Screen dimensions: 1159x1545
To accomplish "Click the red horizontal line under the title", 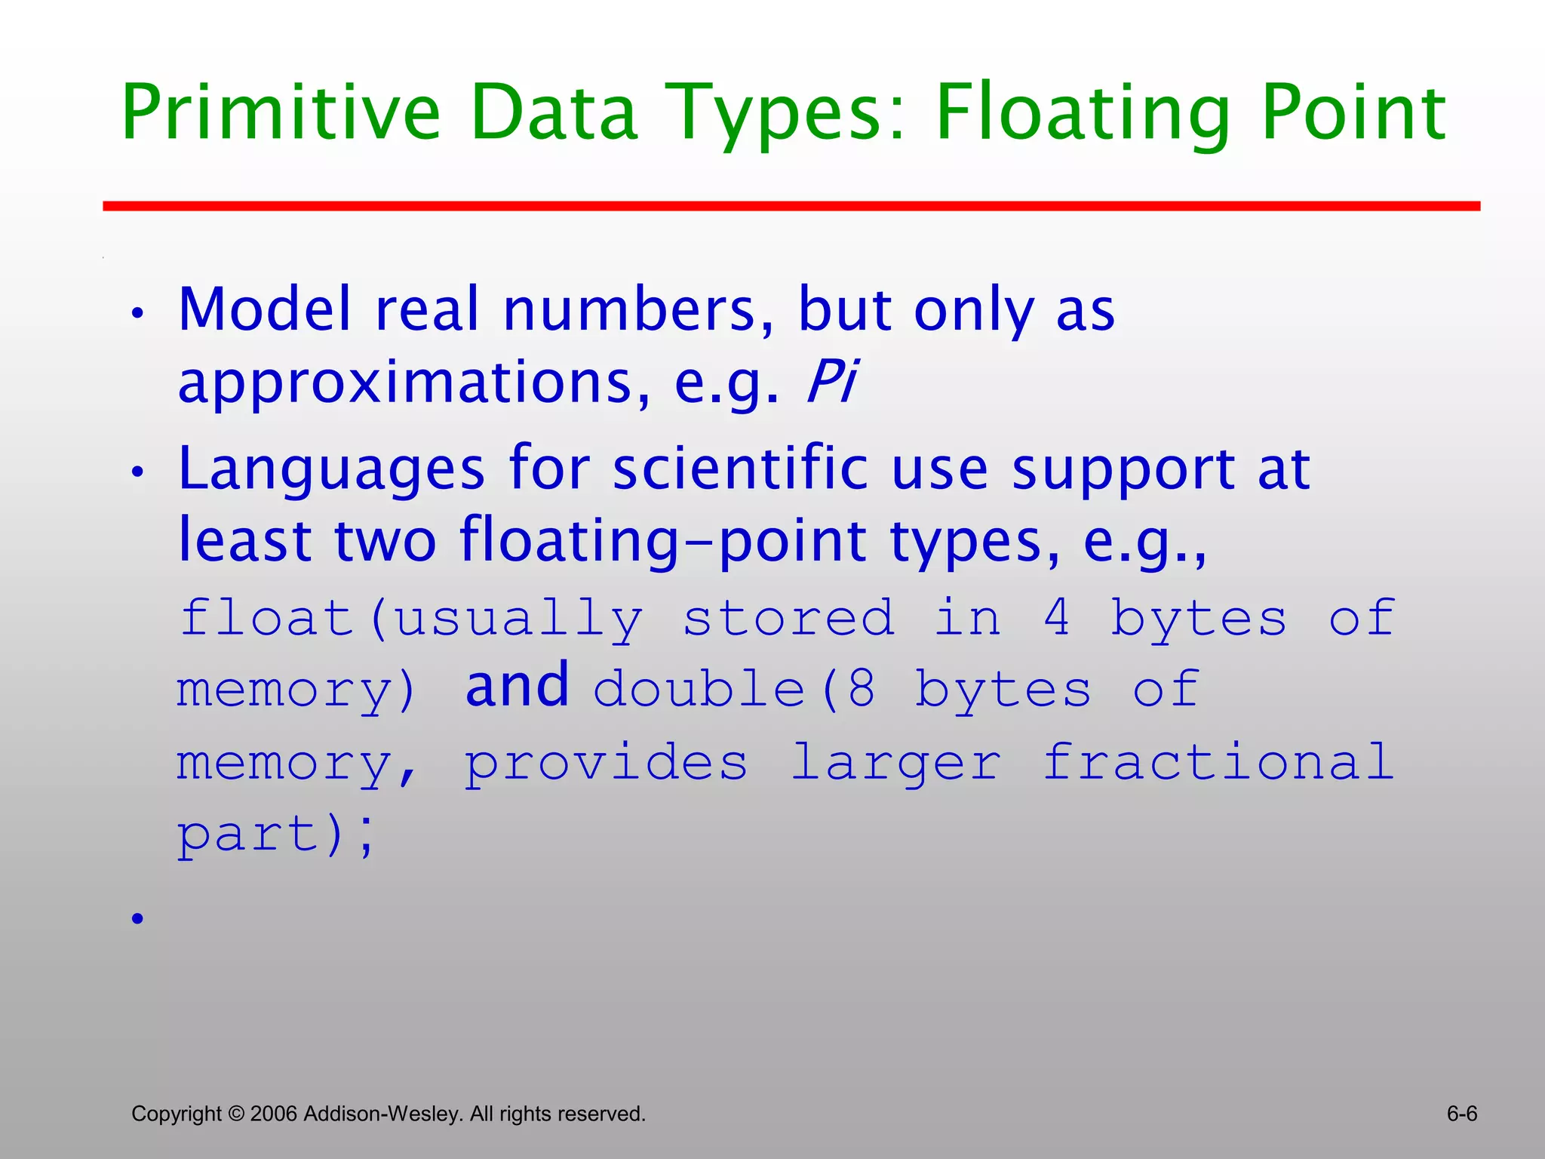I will point(791,206).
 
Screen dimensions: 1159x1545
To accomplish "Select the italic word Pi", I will point(831,381).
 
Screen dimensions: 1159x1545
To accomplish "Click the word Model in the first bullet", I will point(264,309).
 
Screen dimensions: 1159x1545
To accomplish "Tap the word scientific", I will point(740,469).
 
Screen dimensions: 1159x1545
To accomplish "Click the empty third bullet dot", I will point(137,918).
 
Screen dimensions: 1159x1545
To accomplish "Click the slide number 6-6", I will point(1461,1114).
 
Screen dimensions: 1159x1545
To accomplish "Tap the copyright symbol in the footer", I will point(236,1114).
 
